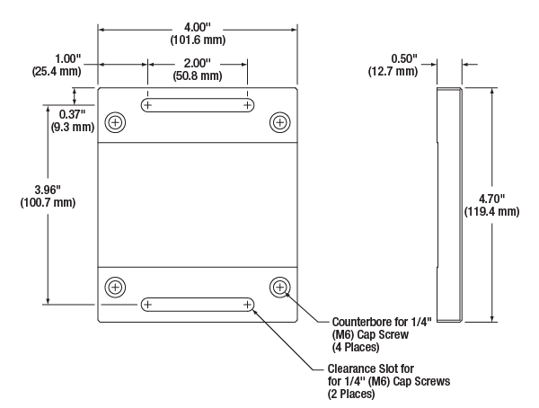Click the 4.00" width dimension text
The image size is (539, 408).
click(x=197, y=27)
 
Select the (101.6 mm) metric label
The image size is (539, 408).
click(x=198, y=40)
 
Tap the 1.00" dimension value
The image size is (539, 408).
click(x=67, y=58)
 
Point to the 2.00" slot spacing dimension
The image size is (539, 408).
click(x=197, y=63)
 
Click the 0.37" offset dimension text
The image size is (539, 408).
click(x=72, y=114)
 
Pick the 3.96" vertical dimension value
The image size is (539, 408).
click(x=48, y=190)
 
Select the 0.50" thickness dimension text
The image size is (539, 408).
click(x=404, y=58)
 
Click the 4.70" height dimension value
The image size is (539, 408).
click(x=492, y=199)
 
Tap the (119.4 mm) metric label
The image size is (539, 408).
click(x=492, y=211)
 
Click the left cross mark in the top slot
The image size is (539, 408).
click(x=148, y=105)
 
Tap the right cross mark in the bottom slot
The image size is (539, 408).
click(x=248, y=305)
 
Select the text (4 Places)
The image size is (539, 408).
click(x=356, y=347)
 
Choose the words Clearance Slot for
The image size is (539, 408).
click(x=370, y=368)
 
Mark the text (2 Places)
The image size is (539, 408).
click(x=351, y=394)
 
